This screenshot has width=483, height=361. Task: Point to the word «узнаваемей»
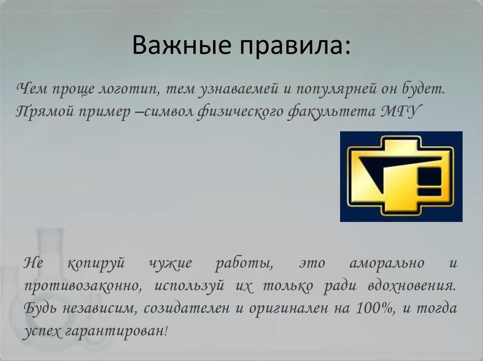pyautogui.click(x=238, y=89)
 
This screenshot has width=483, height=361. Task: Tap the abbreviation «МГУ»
pyautogui.click(x=400, y=112)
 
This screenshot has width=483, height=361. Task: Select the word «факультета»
pyautogui.click(x=331, y=112)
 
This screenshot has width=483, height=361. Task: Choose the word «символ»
pyautogui.click(x=169, y=112)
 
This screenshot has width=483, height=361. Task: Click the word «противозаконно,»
pyautogui.click(x=83, y=287)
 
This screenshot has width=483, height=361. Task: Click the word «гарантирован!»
pyautogui.click(x=117, y=331)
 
